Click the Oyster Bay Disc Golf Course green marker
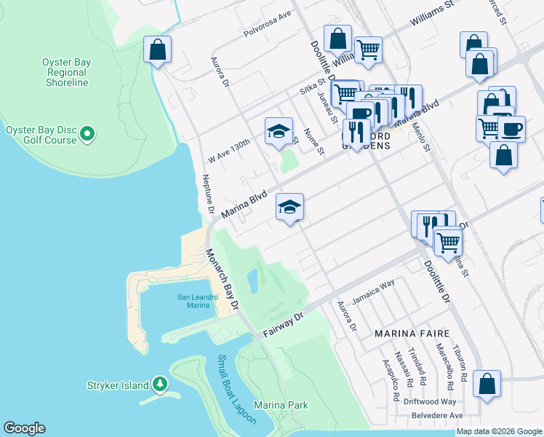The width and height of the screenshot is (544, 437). [x=87, y=133]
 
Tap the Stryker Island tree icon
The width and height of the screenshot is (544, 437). [x=159, y=385]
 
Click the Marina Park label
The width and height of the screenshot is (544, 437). [x=281, y=405]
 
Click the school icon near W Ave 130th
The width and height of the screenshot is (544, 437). [x=277, y=131]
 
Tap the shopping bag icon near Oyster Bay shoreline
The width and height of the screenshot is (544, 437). [x=157, y=50]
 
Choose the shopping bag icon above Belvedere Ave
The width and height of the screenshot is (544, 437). [x=486, y=385]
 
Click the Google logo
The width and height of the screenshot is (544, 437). [x=24, y=428]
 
